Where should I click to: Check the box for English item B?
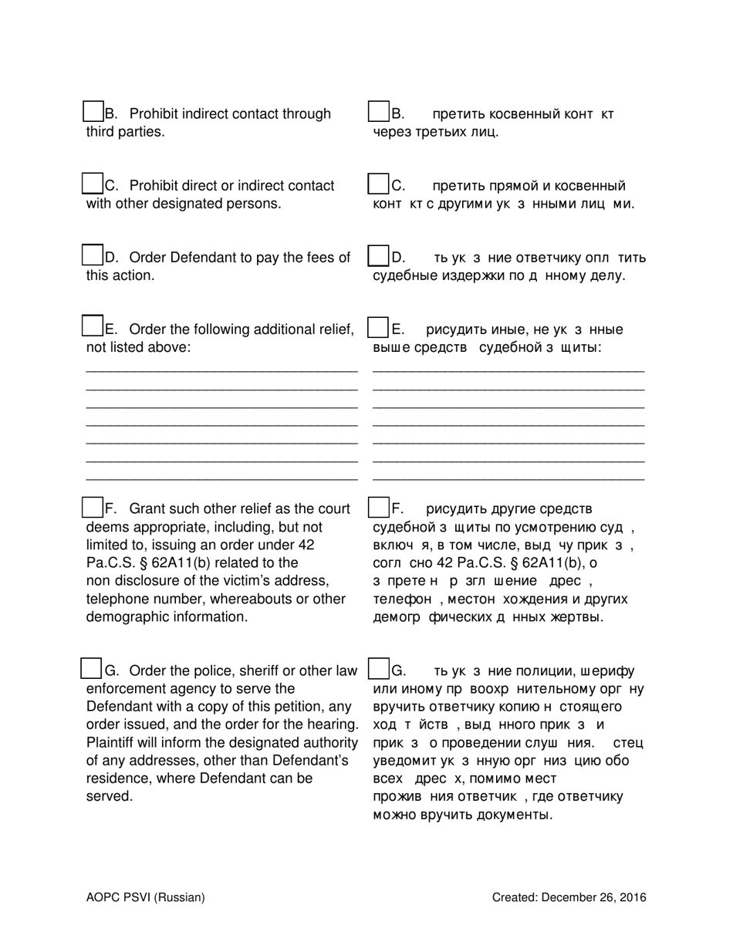click(x=93, y=112)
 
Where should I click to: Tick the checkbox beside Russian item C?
click(x=378, y=184)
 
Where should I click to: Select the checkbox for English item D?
click(x=93, y=255)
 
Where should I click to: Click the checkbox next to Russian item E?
click(x=378, y=327)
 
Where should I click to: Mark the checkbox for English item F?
click(x=93, y=507)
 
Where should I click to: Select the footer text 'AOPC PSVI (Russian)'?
click(x=146, y=897)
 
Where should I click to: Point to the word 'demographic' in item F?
click(x=123, y=617)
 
